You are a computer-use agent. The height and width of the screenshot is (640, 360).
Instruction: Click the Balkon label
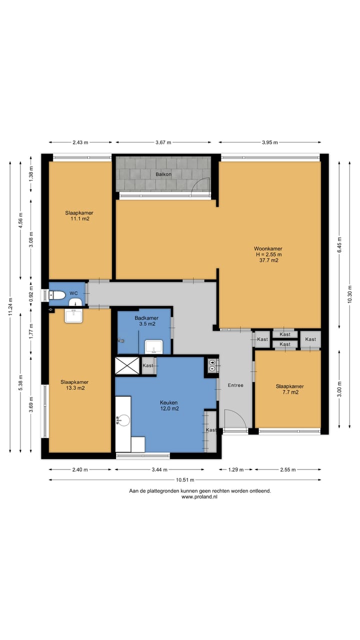(x=163, y=174)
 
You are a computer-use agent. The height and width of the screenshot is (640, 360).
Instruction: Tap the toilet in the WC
(x=57, y=295)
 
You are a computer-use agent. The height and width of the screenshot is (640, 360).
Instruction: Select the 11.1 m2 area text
(x=80, y=219)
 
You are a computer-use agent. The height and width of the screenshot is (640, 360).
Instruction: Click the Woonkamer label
(x=268, y=248)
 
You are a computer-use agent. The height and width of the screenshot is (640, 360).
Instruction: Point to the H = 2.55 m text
(x=268, y=254)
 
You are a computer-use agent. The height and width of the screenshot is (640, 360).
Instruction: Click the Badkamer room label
(x=146, y=318)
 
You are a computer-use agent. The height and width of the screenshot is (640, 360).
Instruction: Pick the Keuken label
(x=169, y=402)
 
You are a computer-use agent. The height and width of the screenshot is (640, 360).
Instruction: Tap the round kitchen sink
(x=123, y=420)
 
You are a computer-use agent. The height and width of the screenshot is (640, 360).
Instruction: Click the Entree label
(x=235, y=385)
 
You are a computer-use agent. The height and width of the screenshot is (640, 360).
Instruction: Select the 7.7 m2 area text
(x=290, y=392)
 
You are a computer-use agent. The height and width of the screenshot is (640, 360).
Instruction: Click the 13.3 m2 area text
(x=75, y=388)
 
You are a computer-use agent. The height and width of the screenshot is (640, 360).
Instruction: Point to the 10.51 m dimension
(x=185, y=480)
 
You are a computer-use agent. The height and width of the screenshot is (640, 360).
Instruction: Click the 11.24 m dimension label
(x=10, y=306)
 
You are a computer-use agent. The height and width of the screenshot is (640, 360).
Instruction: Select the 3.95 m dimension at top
(x=269, y=142)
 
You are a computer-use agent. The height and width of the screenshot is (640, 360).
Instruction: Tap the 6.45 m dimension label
(x=339, y=245)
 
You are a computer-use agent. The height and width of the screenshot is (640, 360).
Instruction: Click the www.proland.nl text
(x=199, y=497)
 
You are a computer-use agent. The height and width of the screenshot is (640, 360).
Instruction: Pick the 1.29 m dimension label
(x=235, y=469)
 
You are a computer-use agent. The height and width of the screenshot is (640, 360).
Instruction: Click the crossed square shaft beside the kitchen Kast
(x=127, y=365)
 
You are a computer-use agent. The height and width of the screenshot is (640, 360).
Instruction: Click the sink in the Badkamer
(x=153, y=347)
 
